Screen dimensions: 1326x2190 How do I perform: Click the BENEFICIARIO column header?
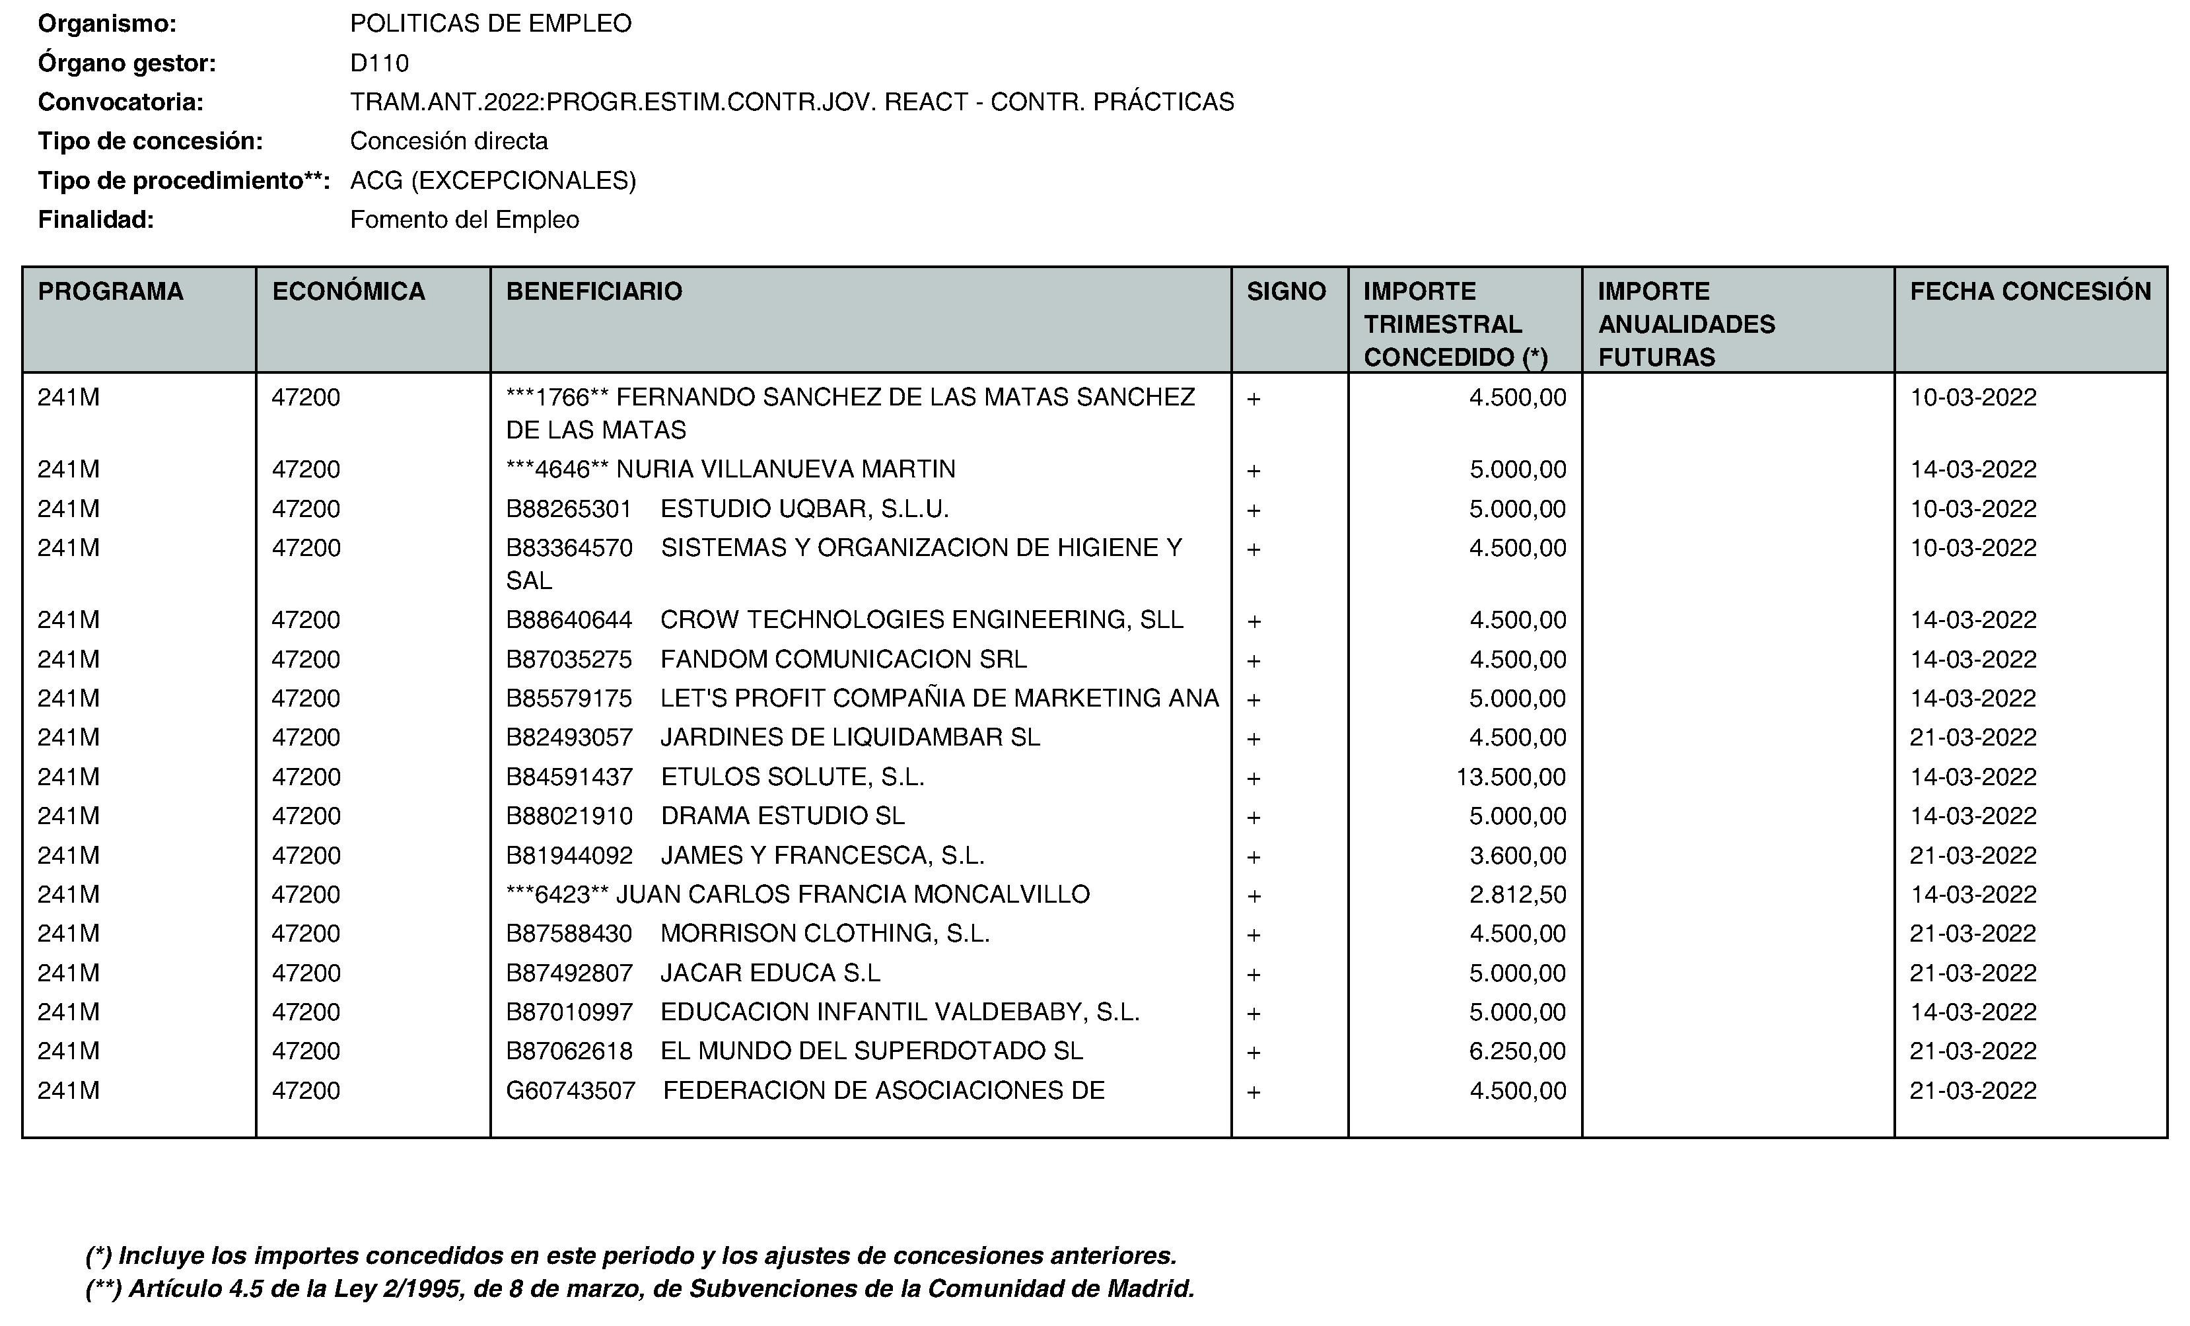pos(594,291)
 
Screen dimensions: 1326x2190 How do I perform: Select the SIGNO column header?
pos(1286,291)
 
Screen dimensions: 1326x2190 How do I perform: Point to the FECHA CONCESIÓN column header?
pos(2030,291)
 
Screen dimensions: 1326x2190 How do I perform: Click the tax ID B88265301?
pos(569,509)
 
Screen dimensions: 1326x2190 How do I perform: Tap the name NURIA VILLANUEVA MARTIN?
pos(786,470)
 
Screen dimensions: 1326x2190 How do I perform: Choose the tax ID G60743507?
pos(571,1090)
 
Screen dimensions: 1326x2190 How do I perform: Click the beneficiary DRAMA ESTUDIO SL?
pos(782,816)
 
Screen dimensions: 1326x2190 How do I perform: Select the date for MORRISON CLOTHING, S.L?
pos(1973,934)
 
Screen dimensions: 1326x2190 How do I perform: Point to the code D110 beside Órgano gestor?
pos(380,63)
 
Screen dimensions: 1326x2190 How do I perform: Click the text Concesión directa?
pos(449,141)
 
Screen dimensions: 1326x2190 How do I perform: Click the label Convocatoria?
pos(121,102)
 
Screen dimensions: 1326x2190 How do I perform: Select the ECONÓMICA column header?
pos(349,291)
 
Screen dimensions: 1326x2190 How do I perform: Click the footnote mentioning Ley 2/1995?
pos(640,1288)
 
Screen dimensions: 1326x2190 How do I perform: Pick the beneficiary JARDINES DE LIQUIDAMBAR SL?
pos(850,738)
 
